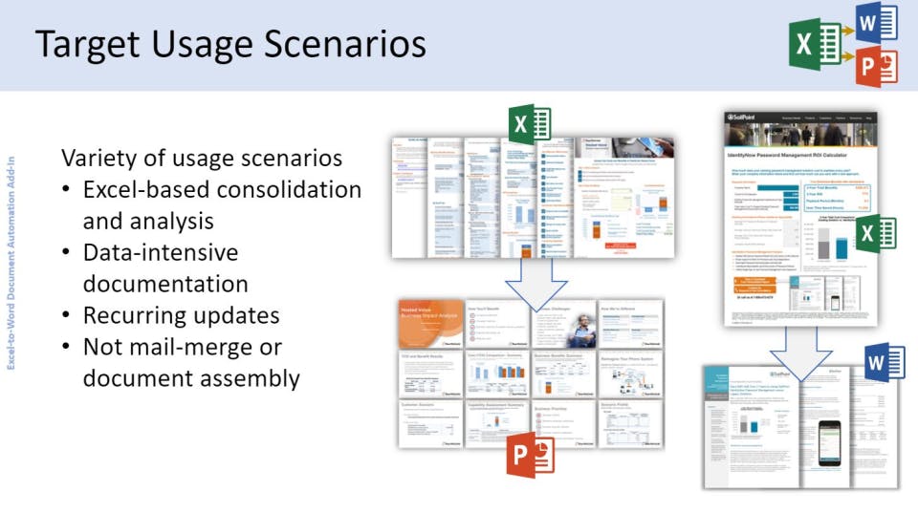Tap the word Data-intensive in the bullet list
point(160,252)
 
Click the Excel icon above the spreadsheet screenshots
point(530,125)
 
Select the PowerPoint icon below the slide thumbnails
point(529,455)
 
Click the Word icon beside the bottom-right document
point(884,362)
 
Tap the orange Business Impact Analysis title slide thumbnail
point(430,324)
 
